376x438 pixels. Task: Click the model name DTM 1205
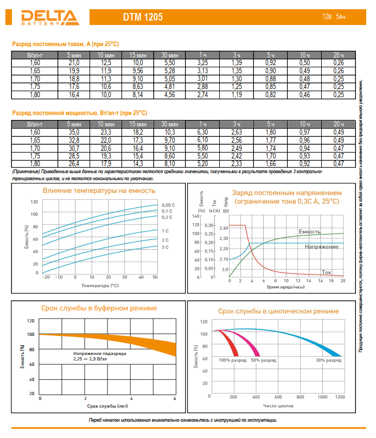[143, 17]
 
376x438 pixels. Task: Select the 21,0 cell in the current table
[74, 64]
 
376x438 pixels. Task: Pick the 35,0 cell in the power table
[74, 132]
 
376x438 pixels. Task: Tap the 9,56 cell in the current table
[138, 71]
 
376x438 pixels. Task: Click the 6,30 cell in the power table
[202, 132]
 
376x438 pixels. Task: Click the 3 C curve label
[165, 247]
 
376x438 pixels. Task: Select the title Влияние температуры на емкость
[99, 191]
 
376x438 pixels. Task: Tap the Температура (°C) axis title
[99, 285]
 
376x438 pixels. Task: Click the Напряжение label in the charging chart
[321, 247]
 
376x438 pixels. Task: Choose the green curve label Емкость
[309, 232]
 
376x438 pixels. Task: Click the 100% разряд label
[232, 360]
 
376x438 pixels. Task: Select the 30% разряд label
[327, 360]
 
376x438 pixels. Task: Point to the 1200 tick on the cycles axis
[340, 398]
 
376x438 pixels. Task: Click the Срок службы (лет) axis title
[107, 405]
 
